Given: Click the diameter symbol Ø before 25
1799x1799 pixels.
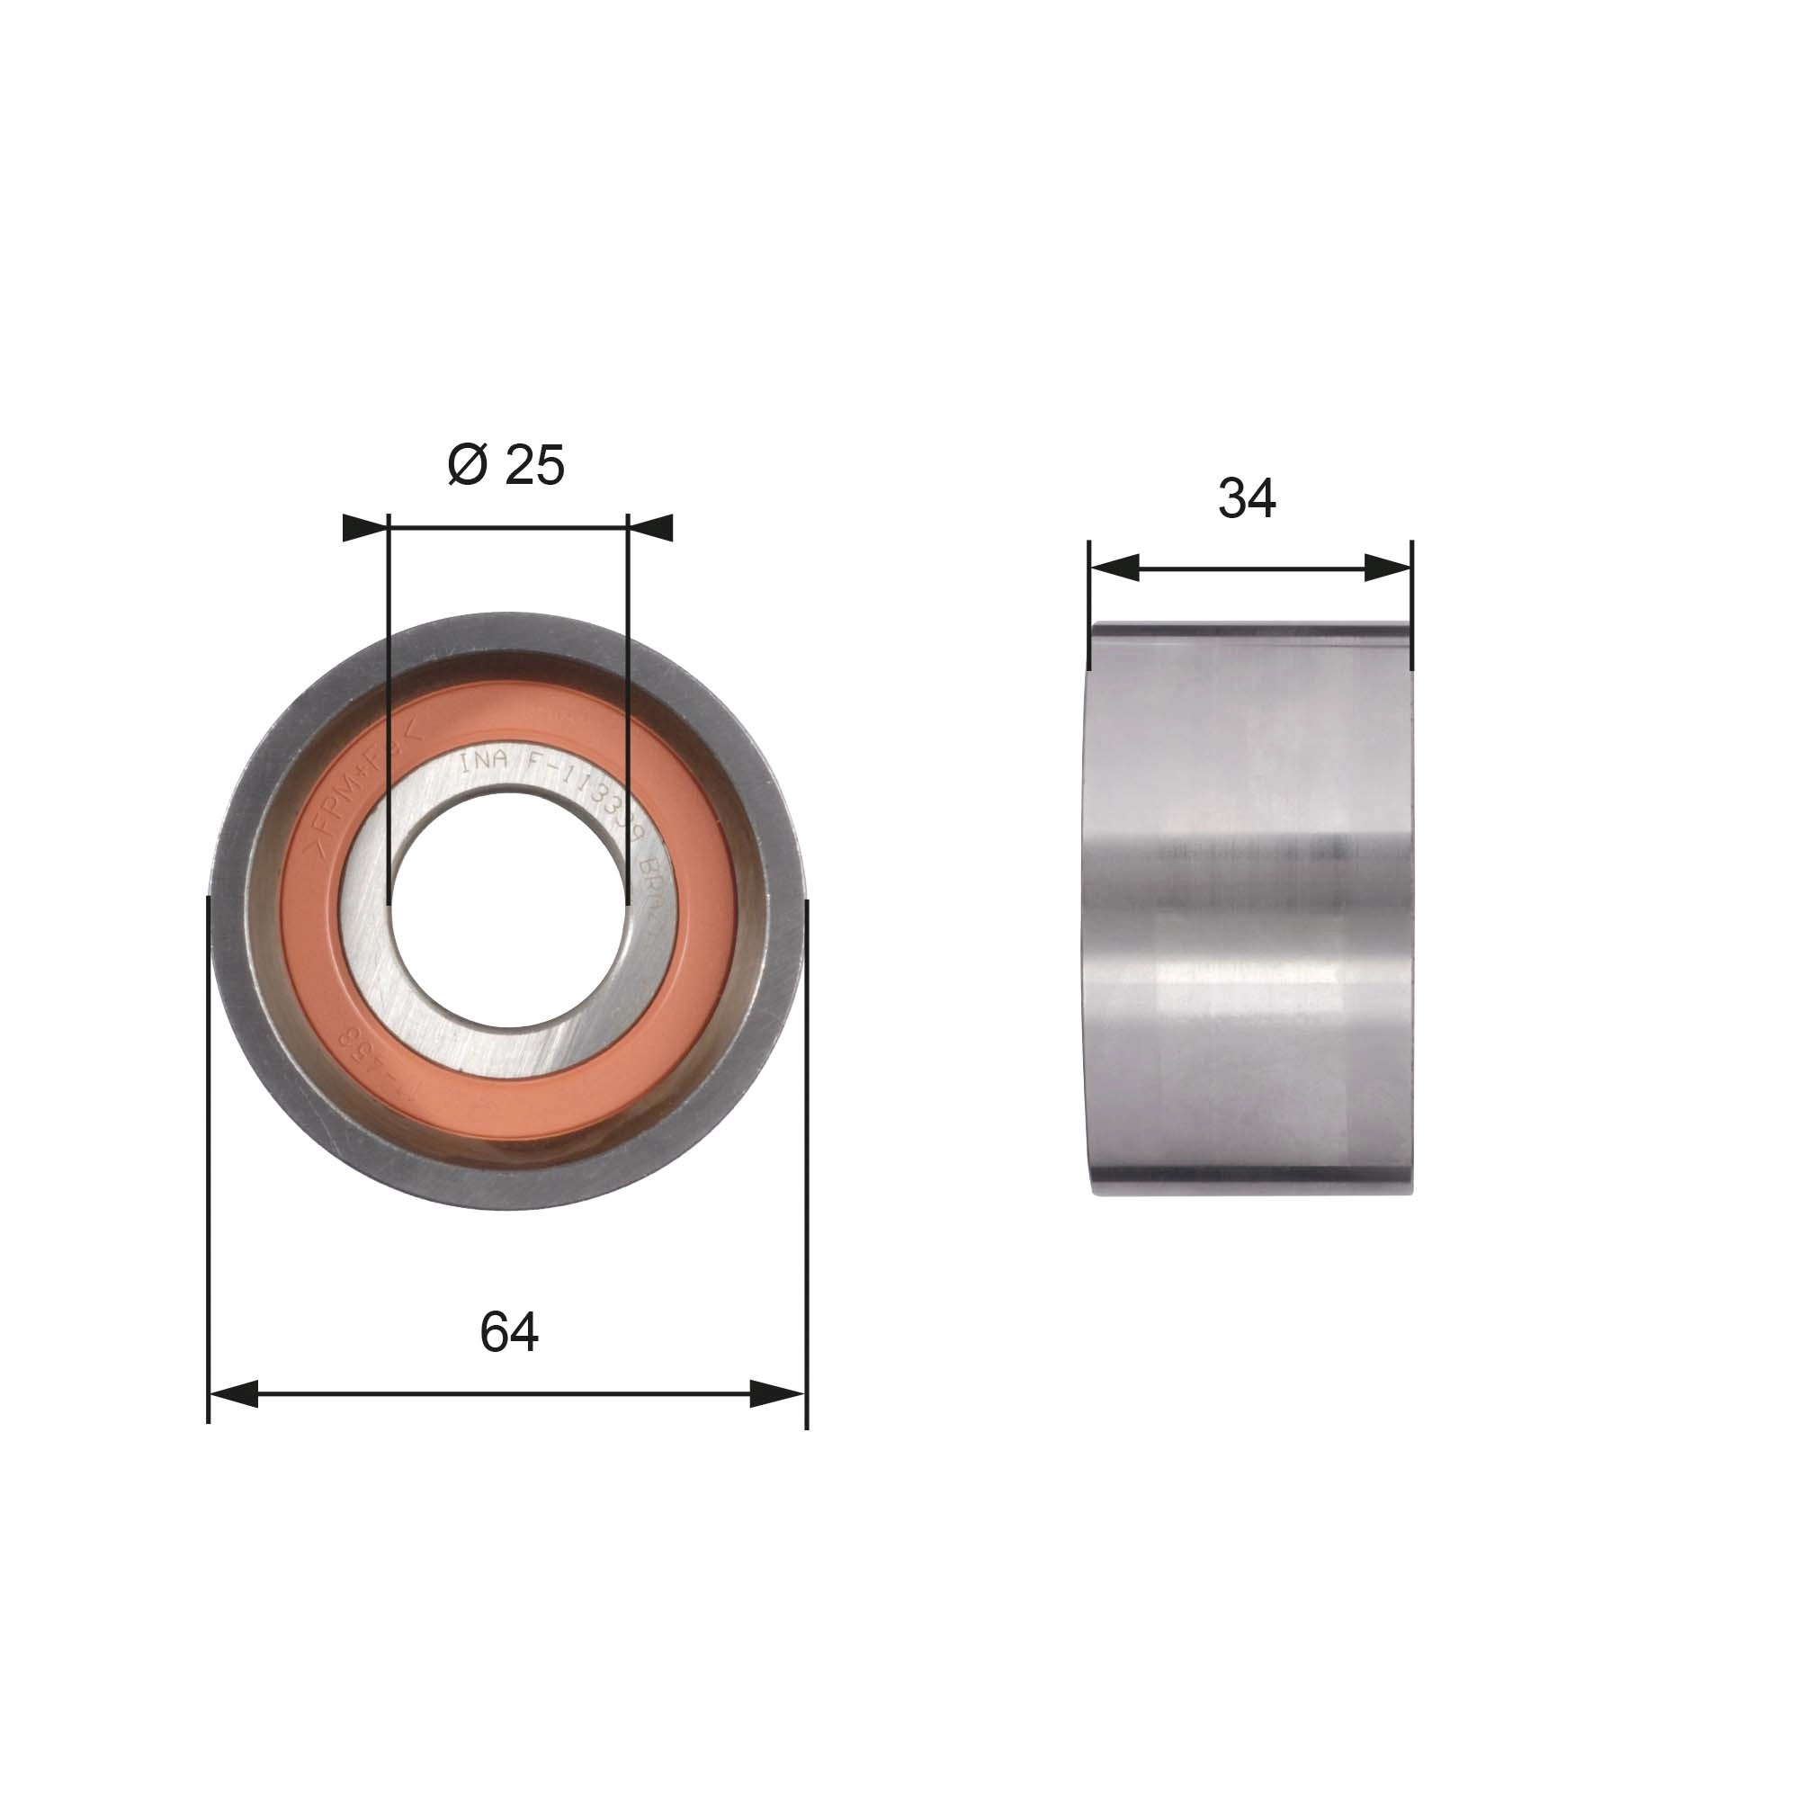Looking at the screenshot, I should pos(468,465).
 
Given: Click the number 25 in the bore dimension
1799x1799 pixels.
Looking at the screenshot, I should pos(534,465).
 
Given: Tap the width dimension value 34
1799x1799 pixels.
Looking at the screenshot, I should pos(1246,498).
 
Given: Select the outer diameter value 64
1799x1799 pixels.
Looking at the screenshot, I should pos(508,1332).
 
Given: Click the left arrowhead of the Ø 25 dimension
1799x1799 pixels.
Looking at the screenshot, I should pos(366,528).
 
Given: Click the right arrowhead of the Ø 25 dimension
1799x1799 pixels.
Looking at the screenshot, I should pos(651,528).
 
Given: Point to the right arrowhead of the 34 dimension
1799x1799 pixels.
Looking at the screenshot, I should pos(1388,567).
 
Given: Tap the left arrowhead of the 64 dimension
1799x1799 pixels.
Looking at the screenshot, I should pos(234,1394).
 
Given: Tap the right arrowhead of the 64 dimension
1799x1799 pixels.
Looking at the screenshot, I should pos(777,1394).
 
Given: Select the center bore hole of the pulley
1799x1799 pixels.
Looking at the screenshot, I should pos(508,908).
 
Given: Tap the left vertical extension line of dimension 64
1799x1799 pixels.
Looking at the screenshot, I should pos(208,1164).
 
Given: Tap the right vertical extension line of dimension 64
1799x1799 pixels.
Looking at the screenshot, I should pos(806,1164).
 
